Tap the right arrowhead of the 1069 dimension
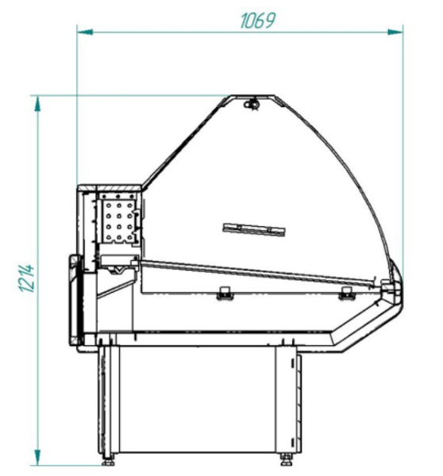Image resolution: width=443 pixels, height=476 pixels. (397, 32)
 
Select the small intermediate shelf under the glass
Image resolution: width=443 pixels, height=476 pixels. (253, 228)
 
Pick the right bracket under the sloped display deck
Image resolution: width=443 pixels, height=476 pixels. (345, 294)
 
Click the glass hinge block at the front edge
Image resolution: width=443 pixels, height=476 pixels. (387, 284)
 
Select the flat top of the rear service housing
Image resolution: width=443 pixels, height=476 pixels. (109, 187)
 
